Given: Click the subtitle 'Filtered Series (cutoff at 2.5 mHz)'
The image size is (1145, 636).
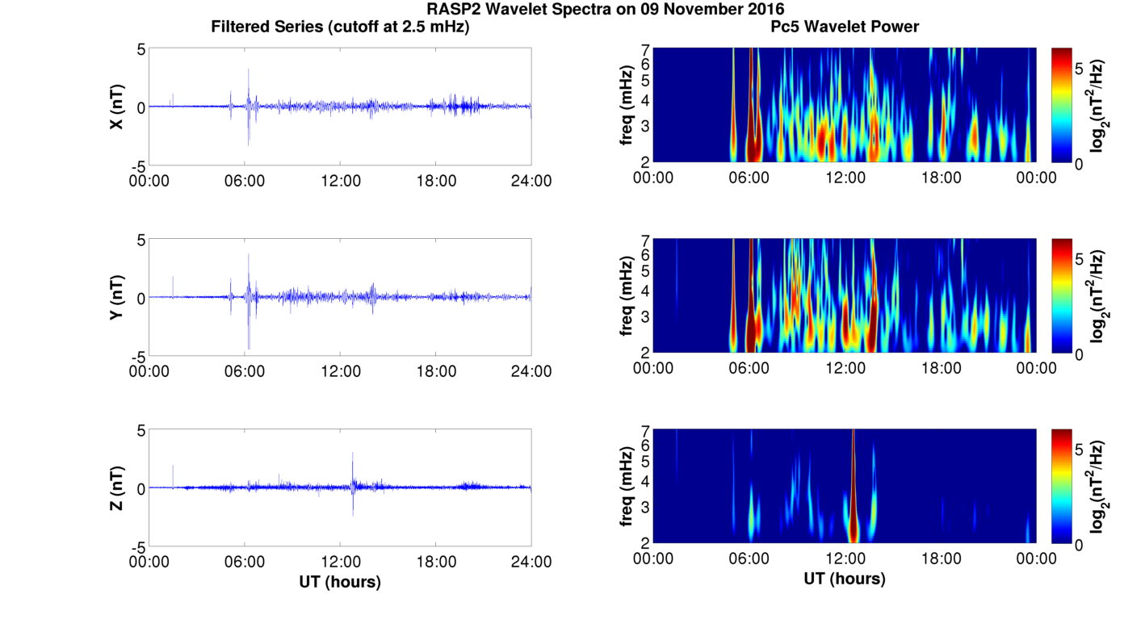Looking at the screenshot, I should [x=340, y=27].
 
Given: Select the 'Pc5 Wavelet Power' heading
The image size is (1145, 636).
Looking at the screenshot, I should [x=844, y=27].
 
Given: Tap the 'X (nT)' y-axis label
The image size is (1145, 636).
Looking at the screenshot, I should [x=116, y=107].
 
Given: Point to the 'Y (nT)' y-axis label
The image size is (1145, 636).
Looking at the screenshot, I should [x=116, y=297].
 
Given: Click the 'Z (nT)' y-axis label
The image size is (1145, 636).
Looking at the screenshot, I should [x=116, y=487].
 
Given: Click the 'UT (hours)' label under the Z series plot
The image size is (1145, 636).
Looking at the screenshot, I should [x=340, y=581].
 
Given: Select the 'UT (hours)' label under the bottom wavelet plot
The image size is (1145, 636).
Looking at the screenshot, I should [x=844, y=579].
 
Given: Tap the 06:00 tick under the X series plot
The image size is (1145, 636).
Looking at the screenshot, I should [x=245, y=181].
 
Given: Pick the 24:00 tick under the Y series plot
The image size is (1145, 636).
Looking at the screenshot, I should [x=531, y=371].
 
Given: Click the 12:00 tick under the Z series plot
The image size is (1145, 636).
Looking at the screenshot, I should [x=340, y=562].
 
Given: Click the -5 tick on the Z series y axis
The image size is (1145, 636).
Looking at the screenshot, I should [x=137, y=546].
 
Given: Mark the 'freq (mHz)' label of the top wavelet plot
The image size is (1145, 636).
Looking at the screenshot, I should [x=626, y=106].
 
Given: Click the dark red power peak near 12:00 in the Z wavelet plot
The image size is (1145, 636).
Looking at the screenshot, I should [x=853, y=525].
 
